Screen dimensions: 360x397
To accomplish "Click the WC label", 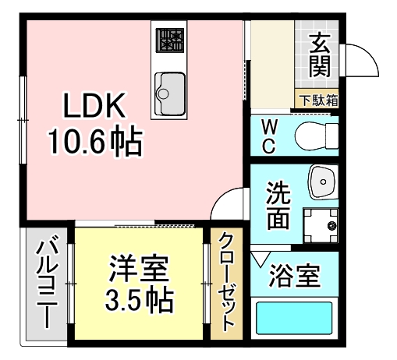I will [268, 136].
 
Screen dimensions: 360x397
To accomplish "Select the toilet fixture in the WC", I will [317, 136].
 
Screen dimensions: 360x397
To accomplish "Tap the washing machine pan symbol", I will [320, 226].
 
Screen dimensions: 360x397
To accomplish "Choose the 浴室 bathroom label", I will [294, 274].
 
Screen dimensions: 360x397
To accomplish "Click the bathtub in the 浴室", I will [296, 318].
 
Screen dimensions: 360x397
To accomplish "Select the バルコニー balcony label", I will [46, 283].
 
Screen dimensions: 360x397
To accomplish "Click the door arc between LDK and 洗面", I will [231, 204].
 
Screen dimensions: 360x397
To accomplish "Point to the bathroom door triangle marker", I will [260, 257].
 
